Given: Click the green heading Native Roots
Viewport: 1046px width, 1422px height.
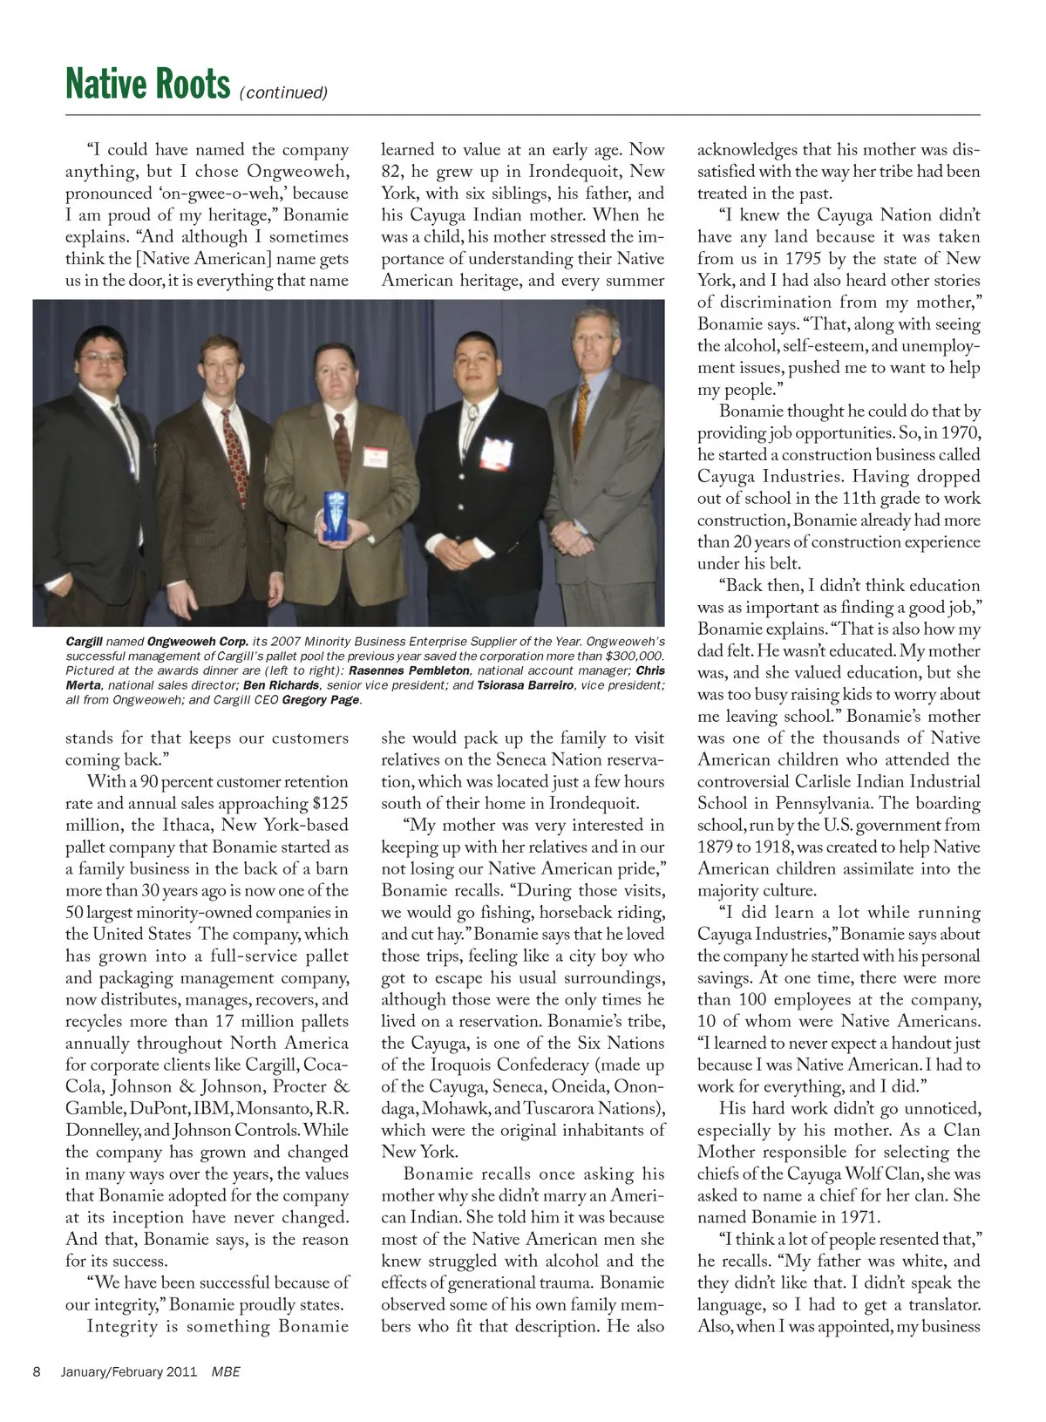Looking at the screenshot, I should click(x=147, y=85).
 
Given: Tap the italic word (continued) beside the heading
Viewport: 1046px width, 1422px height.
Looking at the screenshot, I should click(x=283, y=92).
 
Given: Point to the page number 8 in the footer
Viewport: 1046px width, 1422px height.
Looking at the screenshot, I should click(x=37, y=1371).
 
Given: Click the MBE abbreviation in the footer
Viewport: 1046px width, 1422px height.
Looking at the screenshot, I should click(x=226, y=1371).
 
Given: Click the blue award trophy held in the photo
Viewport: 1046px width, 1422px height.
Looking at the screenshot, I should click(x=336, y=516).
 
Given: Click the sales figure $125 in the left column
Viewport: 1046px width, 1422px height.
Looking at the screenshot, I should click(x=329, y=804).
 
